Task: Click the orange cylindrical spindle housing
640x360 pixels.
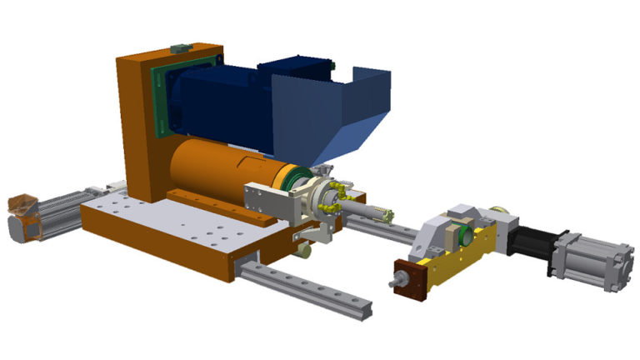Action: pyautogui.click(x=208, y=171)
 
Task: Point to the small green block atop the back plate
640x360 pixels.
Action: pyautogui.click(x=177, y=47)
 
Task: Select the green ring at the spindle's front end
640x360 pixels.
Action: pyautogui.click(x=292, y=179)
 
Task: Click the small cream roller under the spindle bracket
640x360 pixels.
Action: pyautogui.click(x=306, y=247)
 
